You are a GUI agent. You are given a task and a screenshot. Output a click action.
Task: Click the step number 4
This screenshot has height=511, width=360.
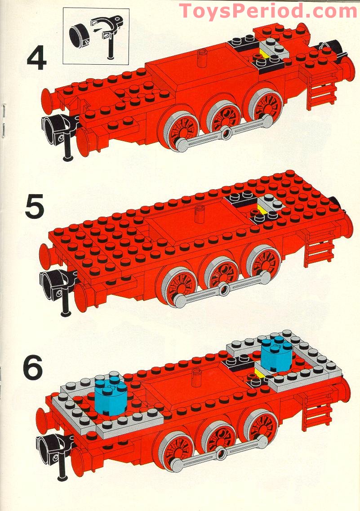pyautogui.click(x=36, y=58)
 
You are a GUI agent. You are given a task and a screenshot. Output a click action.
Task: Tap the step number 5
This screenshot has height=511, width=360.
pyautogui.click(x=34, y=206)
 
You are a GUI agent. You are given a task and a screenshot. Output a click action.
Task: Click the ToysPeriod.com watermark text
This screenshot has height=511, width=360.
pyautogui.click(x=268, y=11)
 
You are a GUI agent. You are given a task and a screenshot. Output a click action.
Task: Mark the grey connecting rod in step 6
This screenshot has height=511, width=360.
pyautogui.click(x=221, y=454)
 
